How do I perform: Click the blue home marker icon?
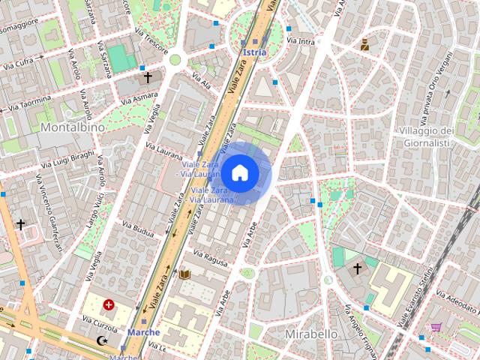coord(239,173)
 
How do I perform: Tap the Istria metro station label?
coord(255,52)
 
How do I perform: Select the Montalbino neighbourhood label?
coord(73,127)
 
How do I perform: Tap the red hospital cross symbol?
coord(109,304)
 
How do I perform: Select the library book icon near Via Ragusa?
coord(184,275)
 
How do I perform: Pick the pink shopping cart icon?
coord(436,328)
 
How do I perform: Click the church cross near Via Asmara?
coord(148,76)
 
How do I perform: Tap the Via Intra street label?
coord(301,42)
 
